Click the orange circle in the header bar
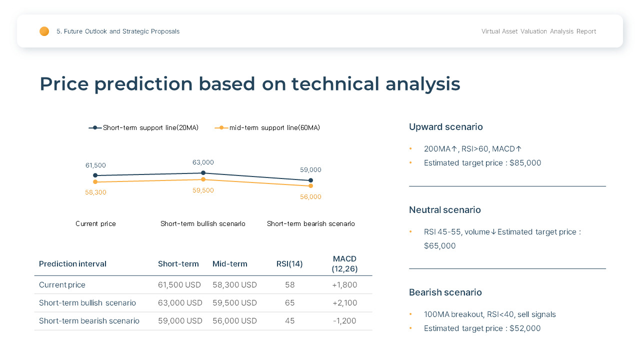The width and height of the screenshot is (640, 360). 44,31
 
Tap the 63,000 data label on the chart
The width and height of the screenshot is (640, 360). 203,162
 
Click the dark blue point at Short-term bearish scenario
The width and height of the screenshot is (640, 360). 310,180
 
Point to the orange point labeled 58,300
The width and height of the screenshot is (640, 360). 95,182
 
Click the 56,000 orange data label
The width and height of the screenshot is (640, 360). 310,197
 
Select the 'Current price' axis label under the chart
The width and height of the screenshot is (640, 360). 95,224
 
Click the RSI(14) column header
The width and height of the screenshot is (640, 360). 289,264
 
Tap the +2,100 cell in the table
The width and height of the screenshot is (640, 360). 344,303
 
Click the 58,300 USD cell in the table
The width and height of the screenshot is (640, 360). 234,285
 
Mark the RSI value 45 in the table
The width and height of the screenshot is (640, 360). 289,321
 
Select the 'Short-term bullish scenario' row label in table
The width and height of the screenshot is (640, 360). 87,303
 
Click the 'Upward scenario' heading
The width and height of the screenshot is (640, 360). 445,127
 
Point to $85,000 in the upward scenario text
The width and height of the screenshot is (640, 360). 525,163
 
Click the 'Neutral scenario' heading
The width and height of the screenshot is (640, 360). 444,210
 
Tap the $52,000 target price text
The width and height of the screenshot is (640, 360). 525,328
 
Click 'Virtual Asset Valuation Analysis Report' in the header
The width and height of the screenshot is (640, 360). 538,31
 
